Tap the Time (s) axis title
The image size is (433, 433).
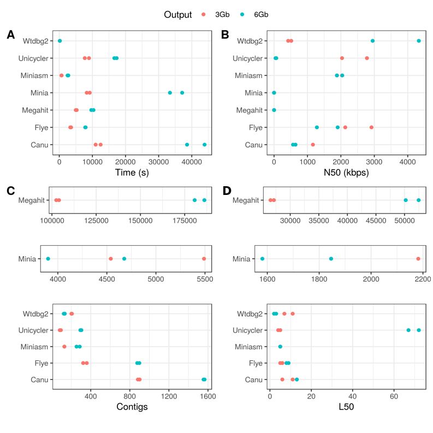tap(132, 173)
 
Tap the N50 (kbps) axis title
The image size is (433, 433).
tap(346, 173)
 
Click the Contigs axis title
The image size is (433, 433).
tap(132, 407)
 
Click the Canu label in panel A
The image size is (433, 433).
tap(39, 145)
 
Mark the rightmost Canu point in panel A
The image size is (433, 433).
tap(205, 145)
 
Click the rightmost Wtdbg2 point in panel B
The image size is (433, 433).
tap(419, 41)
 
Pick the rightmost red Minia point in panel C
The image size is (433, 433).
tap(204, 259)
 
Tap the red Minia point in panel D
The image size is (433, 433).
tap(418, 259)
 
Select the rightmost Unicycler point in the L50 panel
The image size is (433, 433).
tap(419, 330)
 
